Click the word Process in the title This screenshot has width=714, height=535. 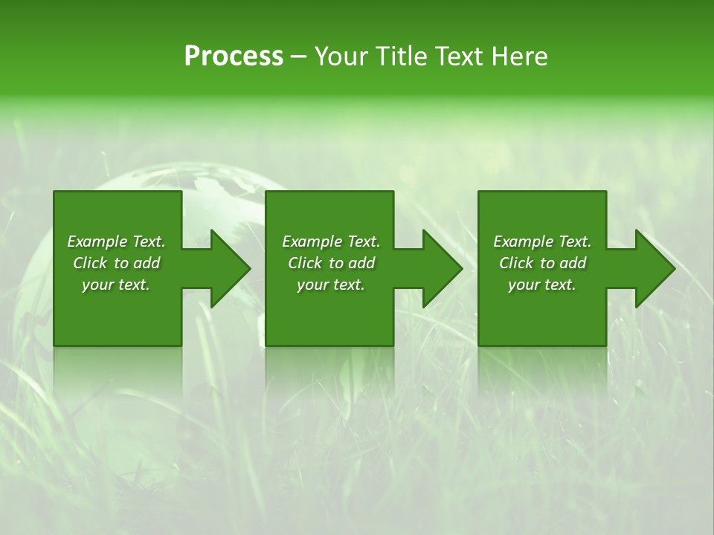234,56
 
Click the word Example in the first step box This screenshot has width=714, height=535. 97,241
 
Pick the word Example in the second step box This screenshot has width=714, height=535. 312,241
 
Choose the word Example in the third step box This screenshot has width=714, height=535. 523,241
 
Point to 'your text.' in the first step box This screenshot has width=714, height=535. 116,285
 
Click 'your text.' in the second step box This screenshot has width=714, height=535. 331,285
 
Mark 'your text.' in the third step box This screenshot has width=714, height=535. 542,285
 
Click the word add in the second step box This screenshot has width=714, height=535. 361,263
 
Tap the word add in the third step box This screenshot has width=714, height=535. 573,263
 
